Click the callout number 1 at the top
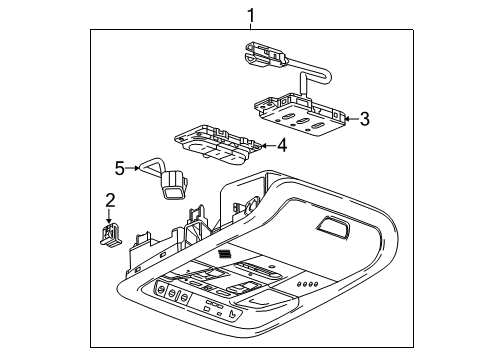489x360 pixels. [251, 14]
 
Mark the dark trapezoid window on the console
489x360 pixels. [334, 229]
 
